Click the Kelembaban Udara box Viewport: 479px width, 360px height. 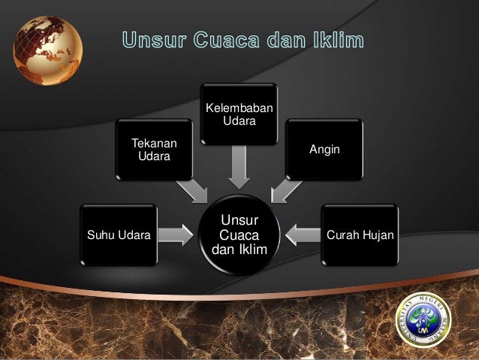[239, 113]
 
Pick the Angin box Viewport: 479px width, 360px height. [324, 150]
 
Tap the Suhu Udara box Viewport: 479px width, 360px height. [119, 234]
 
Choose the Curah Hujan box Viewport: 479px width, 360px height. [360, 234]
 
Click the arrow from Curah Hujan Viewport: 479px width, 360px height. [303, 234]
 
